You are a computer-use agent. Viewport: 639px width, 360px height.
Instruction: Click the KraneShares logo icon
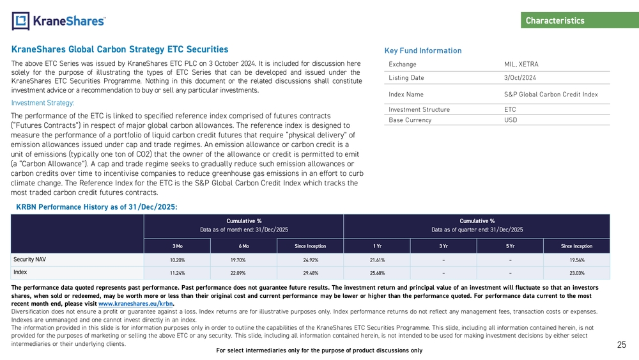point(21,21)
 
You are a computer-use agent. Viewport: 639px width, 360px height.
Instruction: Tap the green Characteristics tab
point(555,21)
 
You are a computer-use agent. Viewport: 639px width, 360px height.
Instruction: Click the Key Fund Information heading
point(423,51)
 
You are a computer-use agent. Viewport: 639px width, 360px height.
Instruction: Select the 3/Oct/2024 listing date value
point(520,78)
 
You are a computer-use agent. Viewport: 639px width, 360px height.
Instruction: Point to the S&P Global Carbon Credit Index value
point(551,95)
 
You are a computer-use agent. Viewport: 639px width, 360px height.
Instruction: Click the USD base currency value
point(511,120)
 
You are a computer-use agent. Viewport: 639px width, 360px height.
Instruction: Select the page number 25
point(621,345)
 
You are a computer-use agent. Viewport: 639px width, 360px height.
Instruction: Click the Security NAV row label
point(33,260)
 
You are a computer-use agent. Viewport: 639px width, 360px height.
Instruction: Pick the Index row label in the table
point(21,272)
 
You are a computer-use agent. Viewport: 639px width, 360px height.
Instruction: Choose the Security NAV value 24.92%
point(310,260)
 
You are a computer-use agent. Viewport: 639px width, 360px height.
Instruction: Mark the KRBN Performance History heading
point(96,207)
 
